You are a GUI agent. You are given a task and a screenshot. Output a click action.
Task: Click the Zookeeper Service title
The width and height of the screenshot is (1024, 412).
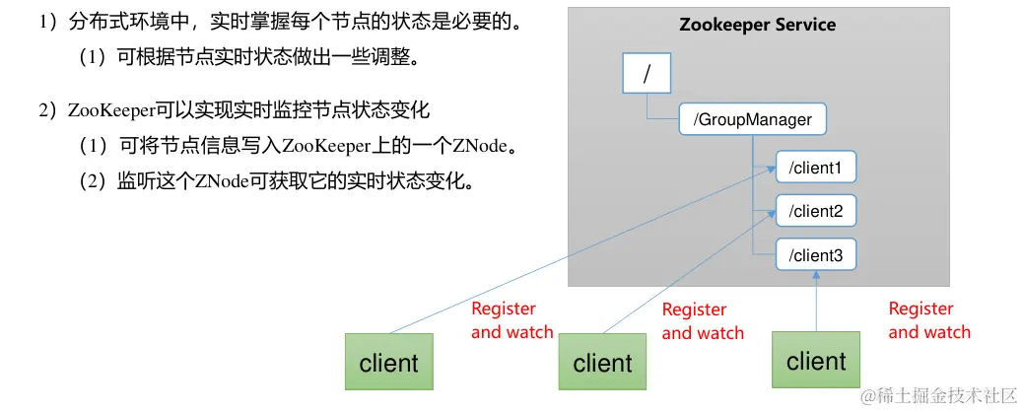[x=757, y=25]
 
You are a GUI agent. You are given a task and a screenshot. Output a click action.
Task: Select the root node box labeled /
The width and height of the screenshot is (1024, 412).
[x=647, y=74]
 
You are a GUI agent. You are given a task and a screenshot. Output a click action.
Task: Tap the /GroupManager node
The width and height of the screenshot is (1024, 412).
[x=752, y=120]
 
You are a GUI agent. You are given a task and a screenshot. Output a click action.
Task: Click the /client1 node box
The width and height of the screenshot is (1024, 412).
[x=815, y=168]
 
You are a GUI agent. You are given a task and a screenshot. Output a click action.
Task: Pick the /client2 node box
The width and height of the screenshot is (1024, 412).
[x=815, y=211]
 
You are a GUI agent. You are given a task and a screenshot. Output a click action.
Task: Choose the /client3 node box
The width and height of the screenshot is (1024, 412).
[x=815, y=256]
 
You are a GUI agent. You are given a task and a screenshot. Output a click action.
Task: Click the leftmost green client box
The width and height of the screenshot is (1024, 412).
[x=388, y=363]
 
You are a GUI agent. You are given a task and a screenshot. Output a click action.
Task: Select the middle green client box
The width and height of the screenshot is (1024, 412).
[x=602, y=363]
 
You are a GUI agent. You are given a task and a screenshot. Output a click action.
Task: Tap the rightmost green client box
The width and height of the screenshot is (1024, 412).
[x=816, y=361]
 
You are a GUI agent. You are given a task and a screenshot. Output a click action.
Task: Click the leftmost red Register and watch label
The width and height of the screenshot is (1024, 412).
[x=512, y=320]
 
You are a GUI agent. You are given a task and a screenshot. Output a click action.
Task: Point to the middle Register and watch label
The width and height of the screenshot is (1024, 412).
[x=702, y=321]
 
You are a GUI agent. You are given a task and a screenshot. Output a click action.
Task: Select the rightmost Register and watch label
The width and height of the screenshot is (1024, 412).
[x=928, y=320]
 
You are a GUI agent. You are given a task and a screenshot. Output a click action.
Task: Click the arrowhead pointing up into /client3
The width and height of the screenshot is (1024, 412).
[x=816, y=279]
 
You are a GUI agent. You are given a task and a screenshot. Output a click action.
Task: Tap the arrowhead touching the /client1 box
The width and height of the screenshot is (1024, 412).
[x=770, y=172]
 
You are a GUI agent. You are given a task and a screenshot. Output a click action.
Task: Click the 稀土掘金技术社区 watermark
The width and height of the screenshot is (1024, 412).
[x=938, y=395]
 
